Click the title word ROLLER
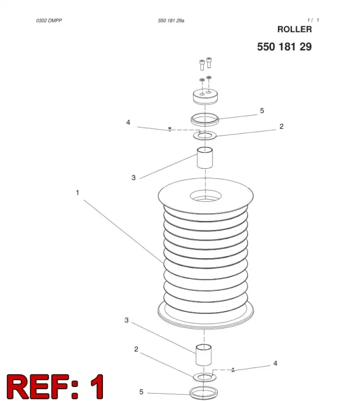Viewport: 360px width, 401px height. point(295,29)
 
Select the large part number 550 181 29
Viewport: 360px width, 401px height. point(284,47)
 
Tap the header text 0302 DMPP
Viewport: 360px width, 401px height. point(49,20)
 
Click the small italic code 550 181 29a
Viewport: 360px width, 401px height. point(171,20)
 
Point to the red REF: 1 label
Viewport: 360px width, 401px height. point(55,386)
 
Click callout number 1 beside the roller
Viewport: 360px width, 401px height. point(77,192)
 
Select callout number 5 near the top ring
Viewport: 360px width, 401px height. point(262,110)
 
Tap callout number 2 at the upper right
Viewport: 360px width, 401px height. point(281,127)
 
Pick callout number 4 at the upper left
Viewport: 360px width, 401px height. point(128,122)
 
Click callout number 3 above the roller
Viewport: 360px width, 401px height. point(133,178)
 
